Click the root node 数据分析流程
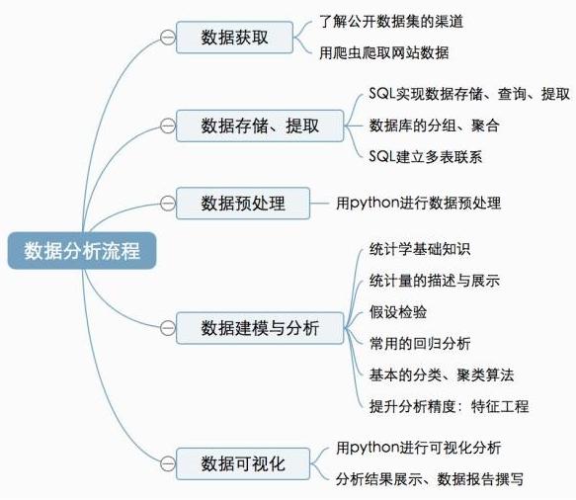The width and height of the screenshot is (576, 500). pos(82,250)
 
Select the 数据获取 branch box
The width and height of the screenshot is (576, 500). pos(234,38)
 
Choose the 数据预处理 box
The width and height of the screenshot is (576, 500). pos(242,204)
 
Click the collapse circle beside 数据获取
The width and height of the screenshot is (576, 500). pos(166,38)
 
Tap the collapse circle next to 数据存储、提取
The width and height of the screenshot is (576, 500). pos(166,125)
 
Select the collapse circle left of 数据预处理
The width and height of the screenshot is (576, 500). pos(166,204)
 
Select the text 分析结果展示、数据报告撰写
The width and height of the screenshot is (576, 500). pos(429,479)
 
